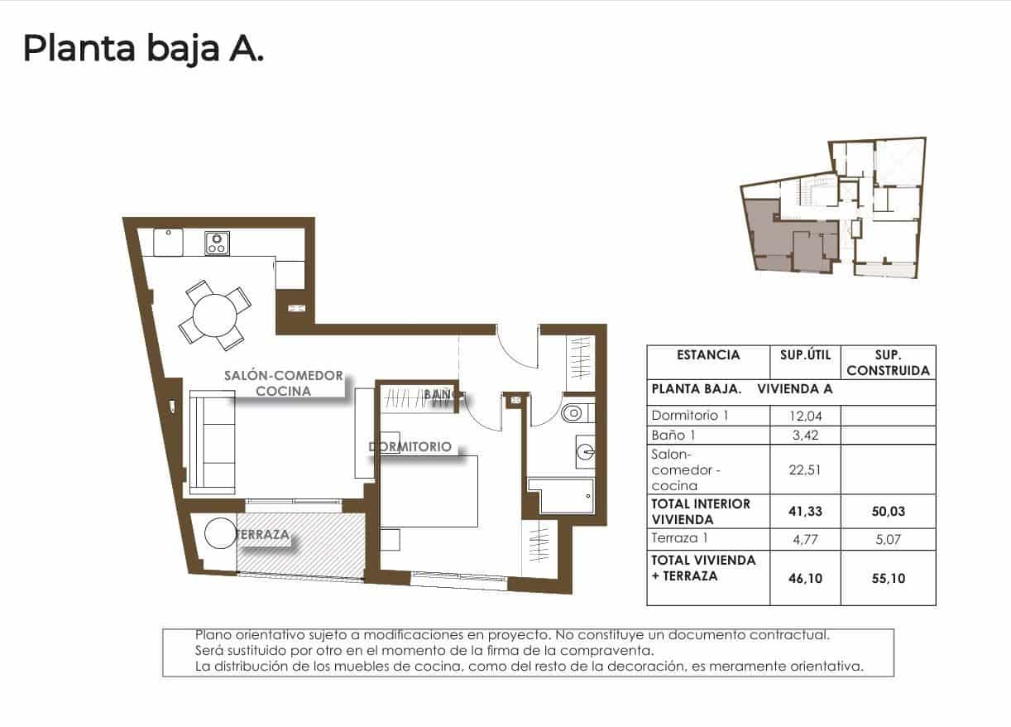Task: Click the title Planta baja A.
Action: click(143, 49)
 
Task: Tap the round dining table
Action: click(215, 315)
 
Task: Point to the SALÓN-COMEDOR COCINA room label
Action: click(283, 383)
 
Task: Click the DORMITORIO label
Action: click(410, 446)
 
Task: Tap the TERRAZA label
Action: click(263, 535)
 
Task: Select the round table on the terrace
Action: click(222, 534)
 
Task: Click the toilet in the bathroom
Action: click(573, 412)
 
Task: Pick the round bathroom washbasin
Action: click(586, 452)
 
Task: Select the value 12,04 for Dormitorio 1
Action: click(804, 416)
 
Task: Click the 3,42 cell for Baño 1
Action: click(804, 435)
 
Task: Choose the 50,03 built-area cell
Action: click(888, 512)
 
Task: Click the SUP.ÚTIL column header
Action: click(804, 355)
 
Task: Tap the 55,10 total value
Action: click(888, 579)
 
